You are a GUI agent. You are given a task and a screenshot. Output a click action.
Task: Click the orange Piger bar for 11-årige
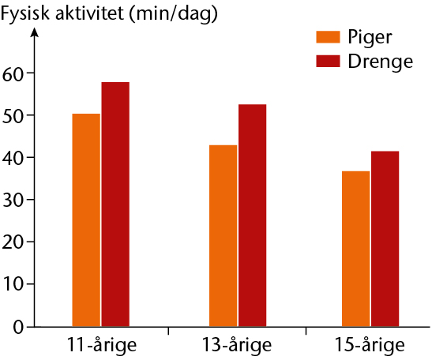click(86, 220)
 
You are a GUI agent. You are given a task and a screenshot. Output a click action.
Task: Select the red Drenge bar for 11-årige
click(115, 204)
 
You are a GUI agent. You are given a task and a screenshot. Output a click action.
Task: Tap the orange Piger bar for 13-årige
click(224, 236)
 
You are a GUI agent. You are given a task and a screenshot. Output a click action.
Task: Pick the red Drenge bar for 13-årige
click(253, 216)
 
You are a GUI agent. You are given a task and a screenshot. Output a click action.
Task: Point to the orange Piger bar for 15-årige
click(356, 249)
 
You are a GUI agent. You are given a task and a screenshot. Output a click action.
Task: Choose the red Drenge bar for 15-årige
click(385, 238)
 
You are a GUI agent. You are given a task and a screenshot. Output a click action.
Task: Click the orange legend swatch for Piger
click(328, 37)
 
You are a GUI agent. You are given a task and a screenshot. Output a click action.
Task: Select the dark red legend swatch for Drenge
click(328, 61)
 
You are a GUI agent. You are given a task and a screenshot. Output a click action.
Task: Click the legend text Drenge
click(381, 62)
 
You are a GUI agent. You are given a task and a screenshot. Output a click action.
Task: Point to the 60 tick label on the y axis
click(12, 75)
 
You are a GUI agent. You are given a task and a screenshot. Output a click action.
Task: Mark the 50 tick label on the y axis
click(12, 117)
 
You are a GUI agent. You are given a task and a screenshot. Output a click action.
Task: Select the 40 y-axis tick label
click(12, 159)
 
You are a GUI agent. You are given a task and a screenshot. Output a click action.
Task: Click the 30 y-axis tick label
click(12, 201)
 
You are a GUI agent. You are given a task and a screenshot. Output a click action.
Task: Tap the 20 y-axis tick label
click(12, 243)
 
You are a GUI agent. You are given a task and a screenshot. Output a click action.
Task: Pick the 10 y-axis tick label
click(13, 286)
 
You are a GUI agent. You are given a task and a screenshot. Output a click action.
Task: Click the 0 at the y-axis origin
click(17, 328)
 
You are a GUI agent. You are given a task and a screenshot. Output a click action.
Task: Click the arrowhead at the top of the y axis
click(35, 32)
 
